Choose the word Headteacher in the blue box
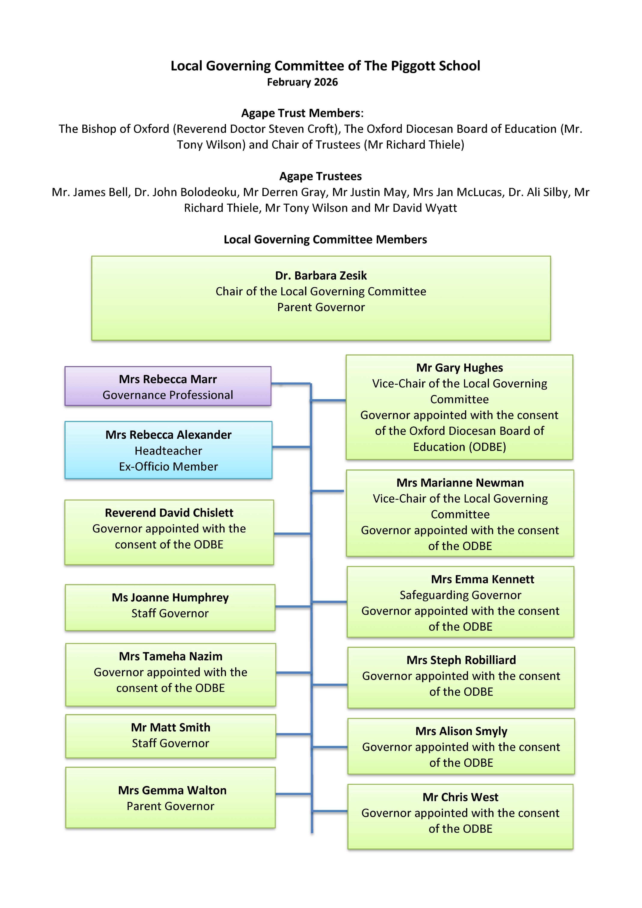point(168,451)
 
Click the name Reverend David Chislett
point(169,513)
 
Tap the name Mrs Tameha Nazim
point(171,657)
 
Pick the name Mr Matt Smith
point(171,728)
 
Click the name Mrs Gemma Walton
point(172,791)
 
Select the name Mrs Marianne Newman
point(460,483)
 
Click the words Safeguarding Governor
point(460,595)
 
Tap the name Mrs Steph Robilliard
point(461,660)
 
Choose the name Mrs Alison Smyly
point(461,731)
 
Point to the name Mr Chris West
point(460,797)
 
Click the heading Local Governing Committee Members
point(325,240)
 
